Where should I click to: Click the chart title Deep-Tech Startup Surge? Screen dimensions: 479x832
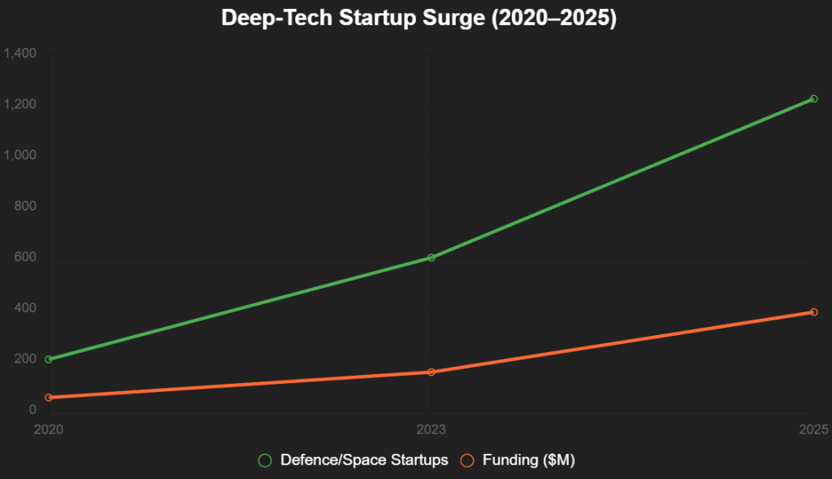click(418, 18)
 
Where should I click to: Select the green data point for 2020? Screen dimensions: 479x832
click(49, 359)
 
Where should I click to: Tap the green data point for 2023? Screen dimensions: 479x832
click(431, 258)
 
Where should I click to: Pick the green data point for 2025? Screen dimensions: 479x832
click(813, 99)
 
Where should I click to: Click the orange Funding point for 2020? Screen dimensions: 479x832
click(49, 398)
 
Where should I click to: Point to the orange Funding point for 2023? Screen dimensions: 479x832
click(431, 372)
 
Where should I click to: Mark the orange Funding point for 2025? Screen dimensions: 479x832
click(813, 312)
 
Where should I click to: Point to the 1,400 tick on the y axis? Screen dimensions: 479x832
click(20, 54)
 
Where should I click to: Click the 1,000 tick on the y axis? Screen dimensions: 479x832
click(20, 155)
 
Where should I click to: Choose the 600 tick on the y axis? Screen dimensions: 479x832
click(26, 257)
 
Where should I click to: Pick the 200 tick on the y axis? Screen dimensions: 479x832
click(26, 359)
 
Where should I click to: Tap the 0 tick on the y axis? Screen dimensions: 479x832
click(33, 410)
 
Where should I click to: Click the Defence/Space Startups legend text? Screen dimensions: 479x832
click(364, 460)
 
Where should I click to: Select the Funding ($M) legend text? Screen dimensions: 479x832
click(529, 460)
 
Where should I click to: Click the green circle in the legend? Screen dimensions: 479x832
click(265, 460)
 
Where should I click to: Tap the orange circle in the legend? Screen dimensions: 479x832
click(467, 460)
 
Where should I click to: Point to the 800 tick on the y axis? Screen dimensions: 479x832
click(26, 207)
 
